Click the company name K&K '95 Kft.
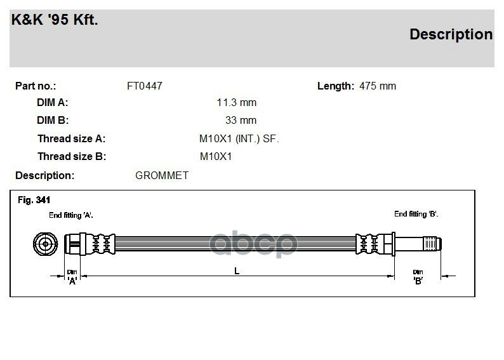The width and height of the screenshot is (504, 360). pos(55,20)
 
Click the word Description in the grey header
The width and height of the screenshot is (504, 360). pos(451,35)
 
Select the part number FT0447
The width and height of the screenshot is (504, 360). pos(145,86)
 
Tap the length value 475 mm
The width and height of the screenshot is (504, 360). pos(378,86)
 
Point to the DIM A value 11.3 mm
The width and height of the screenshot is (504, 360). pos(237,103)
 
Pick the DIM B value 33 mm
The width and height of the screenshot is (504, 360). pos(241,120)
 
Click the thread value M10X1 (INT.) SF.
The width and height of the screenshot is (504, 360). pos(239,139)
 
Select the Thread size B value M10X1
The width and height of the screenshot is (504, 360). pos(216,157)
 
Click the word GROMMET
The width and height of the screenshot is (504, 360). pos(162,175)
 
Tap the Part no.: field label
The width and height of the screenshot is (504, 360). pos(36,86)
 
